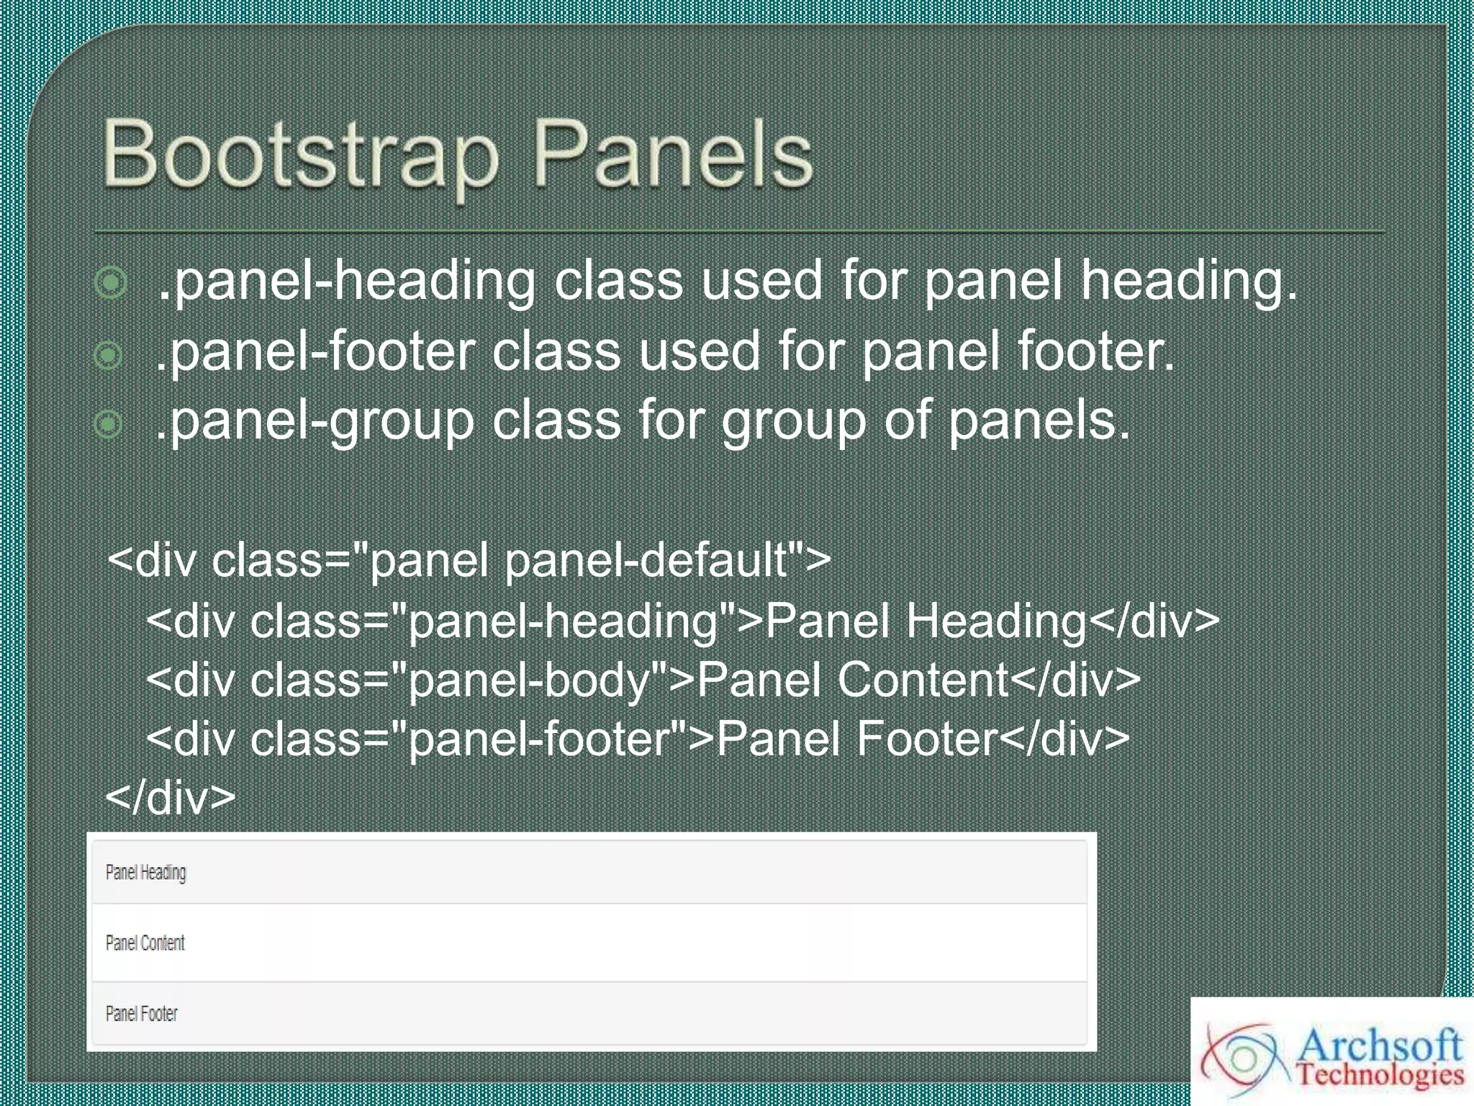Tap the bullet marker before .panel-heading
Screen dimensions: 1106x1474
point(111,283)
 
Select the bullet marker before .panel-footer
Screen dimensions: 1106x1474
point(109,354)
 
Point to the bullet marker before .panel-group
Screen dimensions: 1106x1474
point(109,424)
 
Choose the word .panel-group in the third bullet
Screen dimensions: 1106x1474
point(315,421)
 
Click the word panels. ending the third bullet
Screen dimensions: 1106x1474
point(1039,421)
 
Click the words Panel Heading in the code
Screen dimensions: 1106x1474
point(926,621)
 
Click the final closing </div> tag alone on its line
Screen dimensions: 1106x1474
point(171,797)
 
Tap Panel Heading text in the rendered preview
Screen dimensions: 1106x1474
point(146,873)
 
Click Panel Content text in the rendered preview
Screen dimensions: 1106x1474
point(145,943)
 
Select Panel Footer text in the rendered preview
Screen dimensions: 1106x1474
point(142,1014)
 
